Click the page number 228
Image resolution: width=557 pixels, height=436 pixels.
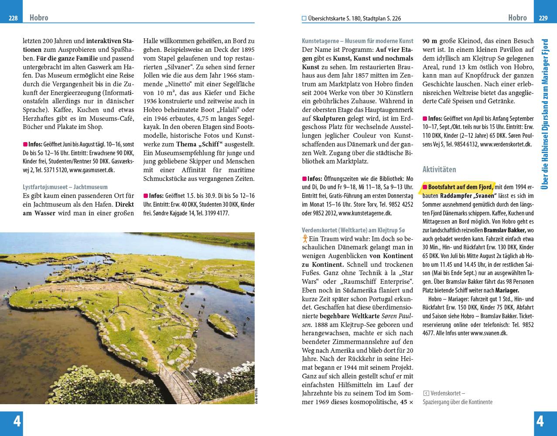(13, 18)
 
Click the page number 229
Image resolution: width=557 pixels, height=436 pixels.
(543, 18)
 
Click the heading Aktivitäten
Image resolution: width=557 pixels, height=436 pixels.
(439, 169)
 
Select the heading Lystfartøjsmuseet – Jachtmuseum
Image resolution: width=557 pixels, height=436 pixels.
(65, 187)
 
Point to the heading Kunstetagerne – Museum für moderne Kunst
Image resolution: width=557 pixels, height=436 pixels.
(357, 41)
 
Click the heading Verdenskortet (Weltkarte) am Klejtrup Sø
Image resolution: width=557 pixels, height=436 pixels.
(353, 230)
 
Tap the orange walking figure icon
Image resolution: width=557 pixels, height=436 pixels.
(305, 238)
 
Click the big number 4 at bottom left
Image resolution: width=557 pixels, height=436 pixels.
(17, 421)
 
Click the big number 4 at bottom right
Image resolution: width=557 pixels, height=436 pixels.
(540, 421)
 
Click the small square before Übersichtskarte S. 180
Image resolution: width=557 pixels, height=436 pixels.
(304, 18)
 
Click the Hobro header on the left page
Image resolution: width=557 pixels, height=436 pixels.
(39, 18)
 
